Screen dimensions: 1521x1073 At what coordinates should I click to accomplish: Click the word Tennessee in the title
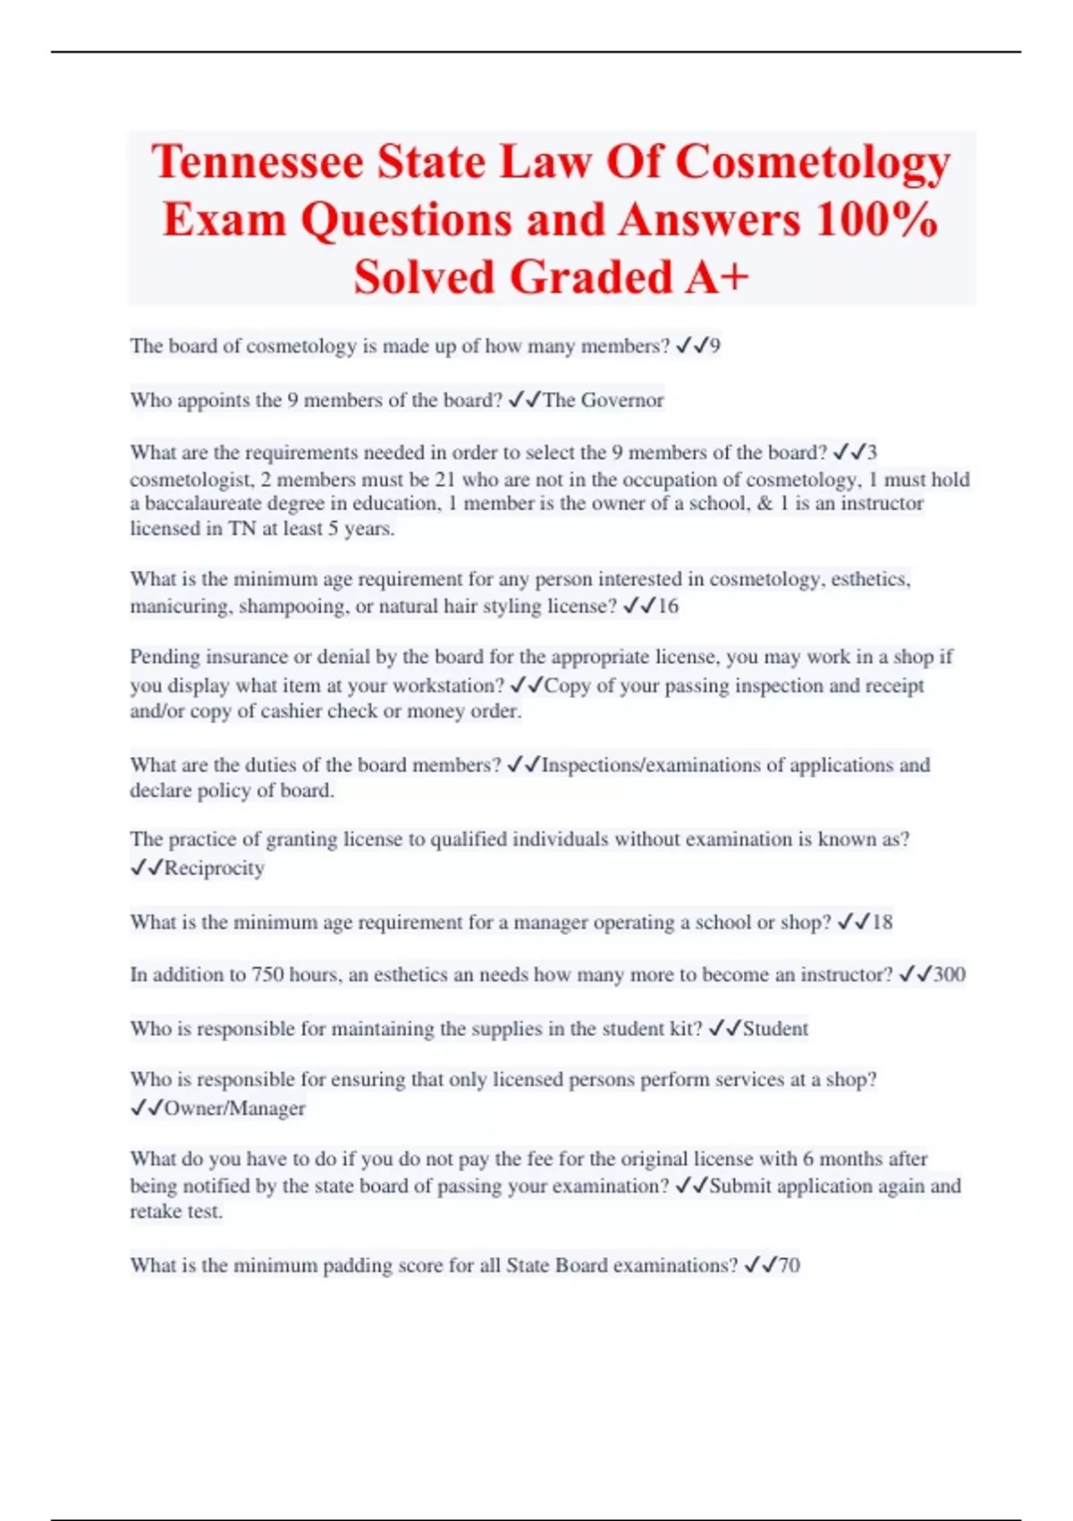coord(258,162)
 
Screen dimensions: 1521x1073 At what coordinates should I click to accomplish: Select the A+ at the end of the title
coord(716,276)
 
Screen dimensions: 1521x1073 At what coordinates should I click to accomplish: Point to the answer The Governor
coord(603,400)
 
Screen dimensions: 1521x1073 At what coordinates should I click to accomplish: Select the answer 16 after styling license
coord(668,607)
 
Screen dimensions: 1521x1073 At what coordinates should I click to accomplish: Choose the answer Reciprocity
coord(214,868)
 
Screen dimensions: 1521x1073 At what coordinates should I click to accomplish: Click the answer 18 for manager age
coord(882,922)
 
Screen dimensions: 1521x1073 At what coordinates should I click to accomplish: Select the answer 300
coord(949,974)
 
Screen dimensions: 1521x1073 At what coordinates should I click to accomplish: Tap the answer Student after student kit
coord(775,1029)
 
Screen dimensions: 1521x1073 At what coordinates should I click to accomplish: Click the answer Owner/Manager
coord(234,1109)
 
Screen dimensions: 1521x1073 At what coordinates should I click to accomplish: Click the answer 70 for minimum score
coord(789,1265)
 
